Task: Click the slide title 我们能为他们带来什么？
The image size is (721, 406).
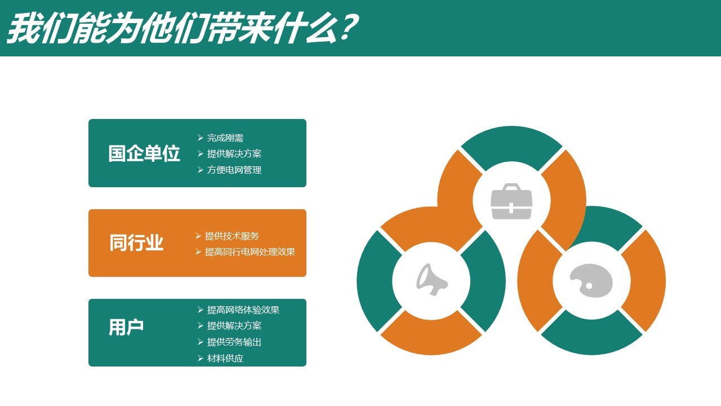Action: (x=183, y=28)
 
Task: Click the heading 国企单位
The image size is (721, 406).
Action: (x=144, y=153)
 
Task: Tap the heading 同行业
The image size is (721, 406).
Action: (x=136, y=242)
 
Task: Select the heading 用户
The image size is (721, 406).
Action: (x=126, y=327)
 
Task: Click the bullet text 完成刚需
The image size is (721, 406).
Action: (x=225, y=138)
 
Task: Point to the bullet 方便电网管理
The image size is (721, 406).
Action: (x=234, y=170)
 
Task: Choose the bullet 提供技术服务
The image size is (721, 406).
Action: (x=232, y=236)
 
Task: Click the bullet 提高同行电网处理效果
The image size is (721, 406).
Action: (x=250, y=251)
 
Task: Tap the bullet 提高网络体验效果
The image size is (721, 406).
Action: (x=243, y=310)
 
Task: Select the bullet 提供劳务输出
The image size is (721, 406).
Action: (x=234, y=342)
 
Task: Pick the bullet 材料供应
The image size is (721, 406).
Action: (x=225, y=358)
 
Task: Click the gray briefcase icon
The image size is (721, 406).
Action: (x=511, y=201)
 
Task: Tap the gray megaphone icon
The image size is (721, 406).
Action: (x=431, y=279)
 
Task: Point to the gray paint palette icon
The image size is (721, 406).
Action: (x=591, y=280)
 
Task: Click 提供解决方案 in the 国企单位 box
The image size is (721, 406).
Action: (x=234, y=154)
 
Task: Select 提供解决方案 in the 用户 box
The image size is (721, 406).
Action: (x=234, y=326)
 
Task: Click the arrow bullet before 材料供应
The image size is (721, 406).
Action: (x=200, y=358)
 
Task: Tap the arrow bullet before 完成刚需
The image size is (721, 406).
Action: (x=200, y=138)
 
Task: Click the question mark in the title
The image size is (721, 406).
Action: (x=348, y=28)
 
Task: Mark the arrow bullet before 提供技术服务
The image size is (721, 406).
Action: (x=198, y=236)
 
